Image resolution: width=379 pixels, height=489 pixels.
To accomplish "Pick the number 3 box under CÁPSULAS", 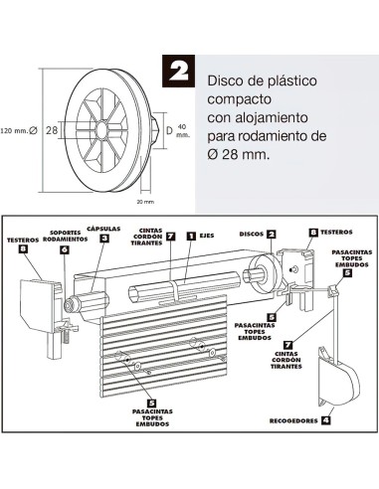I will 104,239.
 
